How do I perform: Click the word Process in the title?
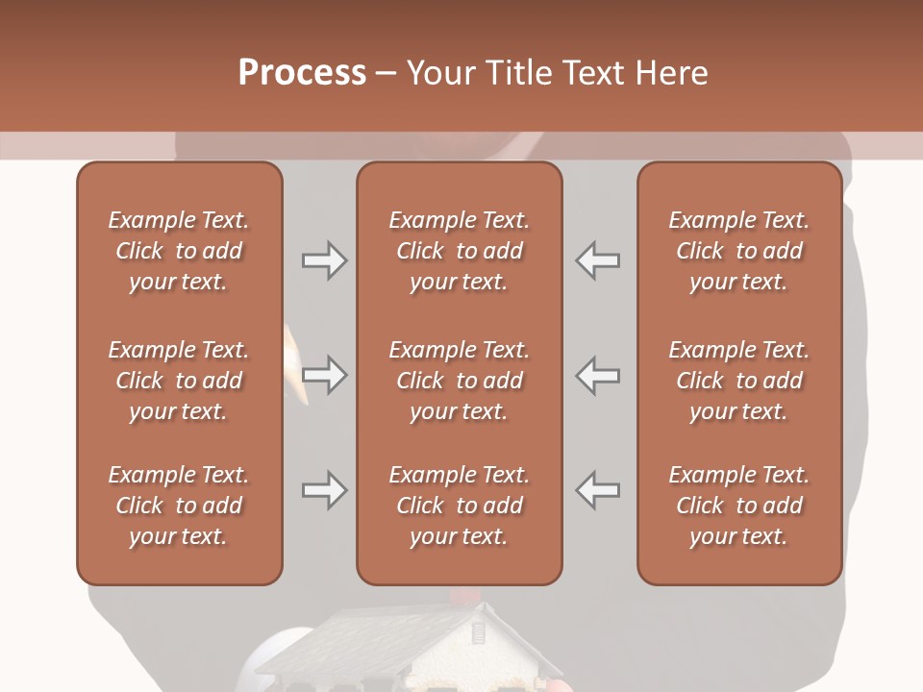[302, 72]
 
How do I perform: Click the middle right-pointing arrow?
[325, 375]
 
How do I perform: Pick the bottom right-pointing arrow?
[325, 490]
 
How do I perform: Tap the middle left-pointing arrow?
[597, 375]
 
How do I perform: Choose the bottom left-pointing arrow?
[597, 490]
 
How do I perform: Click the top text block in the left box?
[179, 251]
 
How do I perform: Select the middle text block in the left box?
[179, 381]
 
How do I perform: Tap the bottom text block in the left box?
[179, 506]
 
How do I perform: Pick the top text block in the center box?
[459, 251]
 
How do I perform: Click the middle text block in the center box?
[459, 381]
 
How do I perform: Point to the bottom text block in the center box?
[459, 506]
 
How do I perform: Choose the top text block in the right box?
[738, 251]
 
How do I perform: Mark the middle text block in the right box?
[738, 381]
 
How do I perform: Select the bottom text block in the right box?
[738, 506]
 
